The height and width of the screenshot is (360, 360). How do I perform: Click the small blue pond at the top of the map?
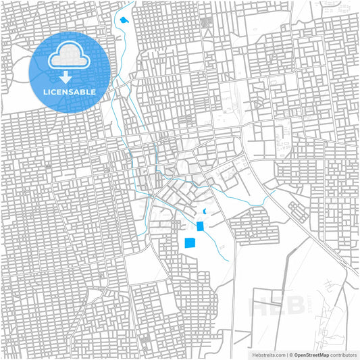pos(124,20)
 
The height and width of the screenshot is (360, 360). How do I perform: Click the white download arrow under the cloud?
pos(69,77)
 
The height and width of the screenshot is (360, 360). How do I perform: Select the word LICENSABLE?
pos(69,91)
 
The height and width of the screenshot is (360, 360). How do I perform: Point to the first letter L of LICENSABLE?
pos(45,91)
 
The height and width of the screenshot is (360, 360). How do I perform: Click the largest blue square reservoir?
pos(190,242)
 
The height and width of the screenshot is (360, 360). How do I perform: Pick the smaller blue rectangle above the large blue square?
pos(200,226)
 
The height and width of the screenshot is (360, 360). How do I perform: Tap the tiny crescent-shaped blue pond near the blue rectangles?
pos(205,211)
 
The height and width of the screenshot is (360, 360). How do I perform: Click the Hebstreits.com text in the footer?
pos(267,354)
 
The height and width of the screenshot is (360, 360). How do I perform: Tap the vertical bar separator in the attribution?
pos(286,354)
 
